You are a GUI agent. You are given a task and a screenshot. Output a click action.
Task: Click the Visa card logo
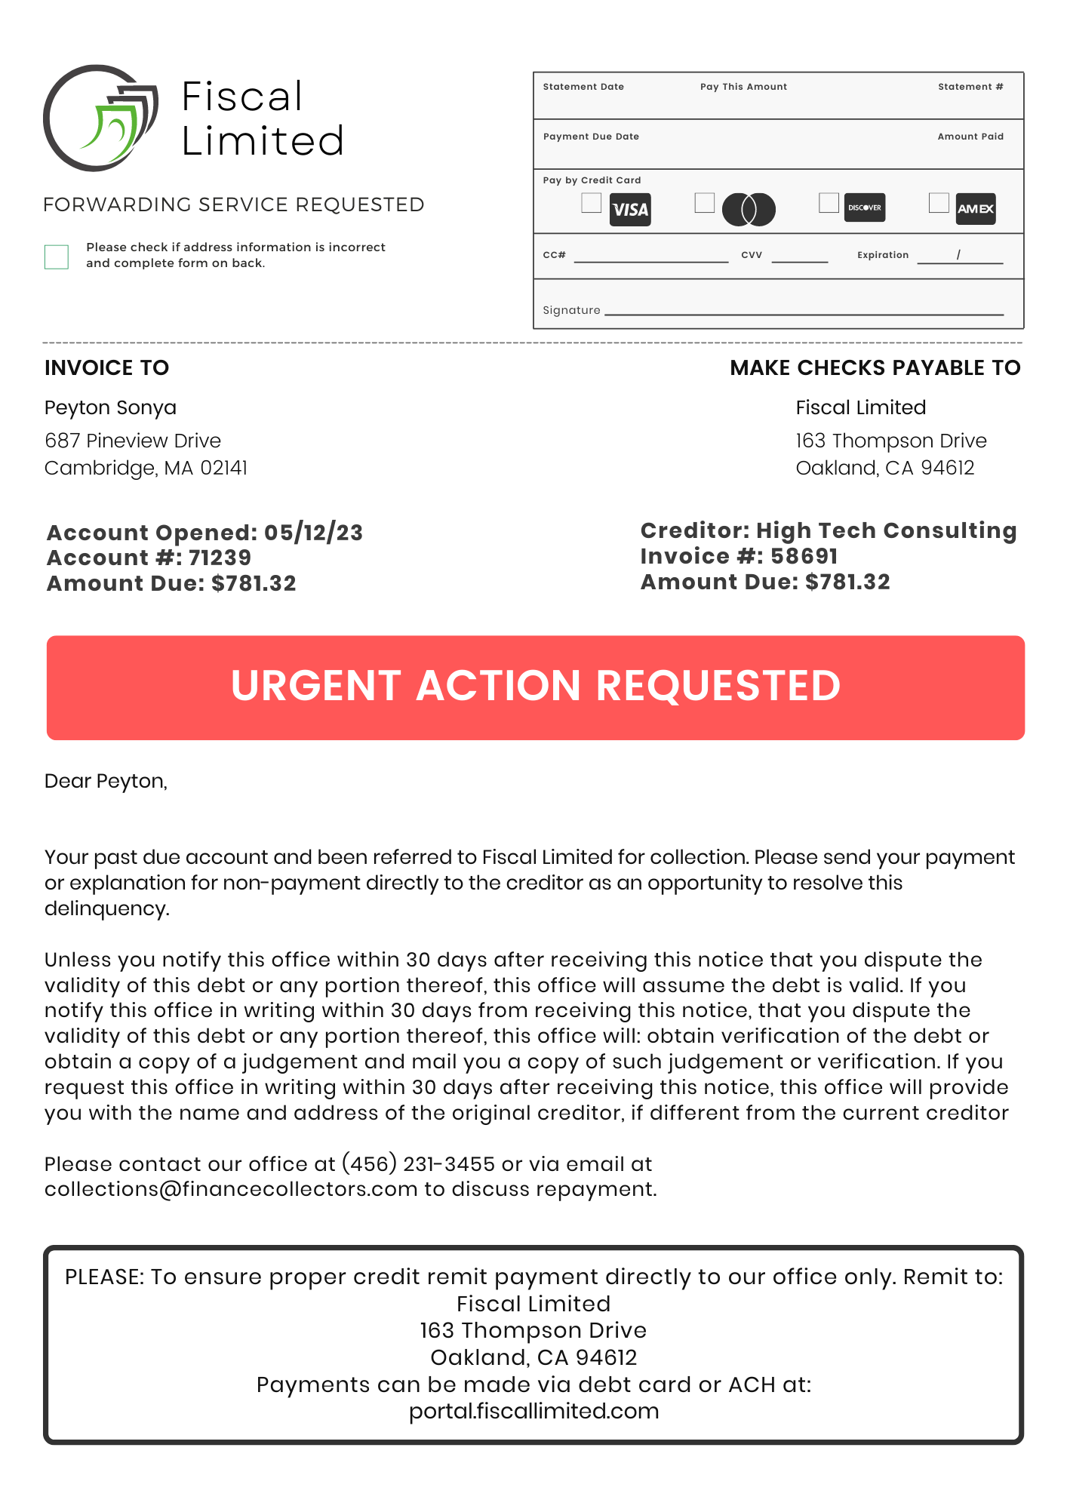click(x=630, y=210)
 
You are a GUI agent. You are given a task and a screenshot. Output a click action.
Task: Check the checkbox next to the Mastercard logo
click(x=704, y=203)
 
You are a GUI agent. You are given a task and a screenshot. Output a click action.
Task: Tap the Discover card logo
click(x=864, y=207)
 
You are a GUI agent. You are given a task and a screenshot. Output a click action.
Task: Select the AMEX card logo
click(x=976, y=209)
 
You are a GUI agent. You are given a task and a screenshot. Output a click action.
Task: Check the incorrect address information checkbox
click(x=57, y=257)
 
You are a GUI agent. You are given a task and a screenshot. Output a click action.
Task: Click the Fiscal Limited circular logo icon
click(x=100, y=118)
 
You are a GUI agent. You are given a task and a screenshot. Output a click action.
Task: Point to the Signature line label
click(x=571, y=310)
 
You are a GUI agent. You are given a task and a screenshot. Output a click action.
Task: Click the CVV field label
click(x=752, y=255)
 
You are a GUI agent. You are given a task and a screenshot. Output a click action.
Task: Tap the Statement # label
click(x=970, y=87)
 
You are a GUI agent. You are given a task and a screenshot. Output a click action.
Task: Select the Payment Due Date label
click(x=591, y=137)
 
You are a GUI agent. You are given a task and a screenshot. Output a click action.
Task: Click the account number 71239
click(x=220, y=558)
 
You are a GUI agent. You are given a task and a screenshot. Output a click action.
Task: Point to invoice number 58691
click(x=804, y=556)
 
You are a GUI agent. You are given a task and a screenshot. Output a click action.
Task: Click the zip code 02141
click(x=223, y=468)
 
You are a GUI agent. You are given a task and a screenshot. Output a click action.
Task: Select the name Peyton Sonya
click(x=110, y=407)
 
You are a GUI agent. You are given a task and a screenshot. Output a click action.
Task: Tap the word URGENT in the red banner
click(x=315, y=686)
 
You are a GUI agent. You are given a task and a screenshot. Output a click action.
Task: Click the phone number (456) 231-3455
click(x=418, y=1163)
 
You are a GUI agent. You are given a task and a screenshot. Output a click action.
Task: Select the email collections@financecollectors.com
click(x=231, y=1189)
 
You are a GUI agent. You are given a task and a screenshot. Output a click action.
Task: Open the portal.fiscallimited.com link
click(x=533, y=1411)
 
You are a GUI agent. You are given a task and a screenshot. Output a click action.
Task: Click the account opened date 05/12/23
click(x=313, y=533)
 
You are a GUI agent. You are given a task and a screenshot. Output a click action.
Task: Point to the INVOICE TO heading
click(x=106, y=367)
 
